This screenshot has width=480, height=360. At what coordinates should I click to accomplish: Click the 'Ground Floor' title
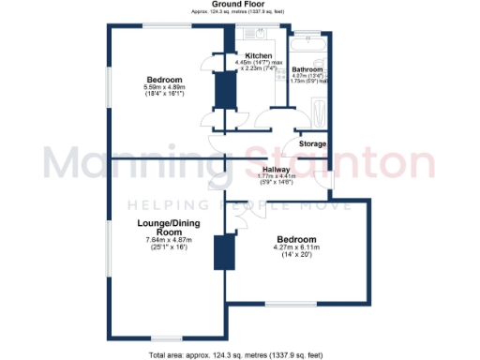[x=239, y=5]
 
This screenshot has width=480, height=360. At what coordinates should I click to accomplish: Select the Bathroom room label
[x=307, y=70]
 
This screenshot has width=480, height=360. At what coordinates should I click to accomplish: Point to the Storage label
[x=312, y=143]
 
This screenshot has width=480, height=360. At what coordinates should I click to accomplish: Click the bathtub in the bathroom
[x=308, y=43]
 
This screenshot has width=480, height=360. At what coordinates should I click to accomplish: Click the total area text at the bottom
[x=239, y=354]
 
